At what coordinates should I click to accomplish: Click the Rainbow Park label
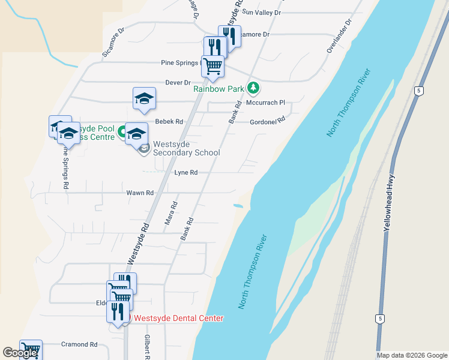click(x=218, y=89)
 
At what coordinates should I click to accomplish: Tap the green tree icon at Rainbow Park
click(x=253, y=88)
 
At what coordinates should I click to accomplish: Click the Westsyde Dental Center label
click(x=179, y=318)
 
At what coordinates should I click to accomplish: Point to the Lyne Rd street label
click(x=186, y=172)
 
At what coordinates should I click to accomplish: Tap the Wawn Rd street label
click(x=140, y=193)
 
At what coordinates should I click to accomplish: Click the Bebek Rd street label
click(x=169, y=121)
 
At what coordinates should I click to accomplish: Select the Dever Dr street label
click(x=178, y=83)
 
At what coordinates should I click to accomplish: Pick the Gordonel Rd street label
click(x=267, y=121)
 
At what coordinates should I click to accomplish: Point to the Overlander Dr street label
click(x=339, y=35)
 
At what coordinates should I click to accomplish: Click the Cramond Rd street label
click(x=79, y=344)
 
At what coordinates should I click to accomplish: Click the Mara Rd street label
click(x=171, y=213)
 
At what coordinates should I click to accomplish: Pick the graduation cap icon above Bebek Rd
click(x=144, y=99)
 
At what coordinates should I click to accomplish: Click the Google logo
click(x=20, y=353)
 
